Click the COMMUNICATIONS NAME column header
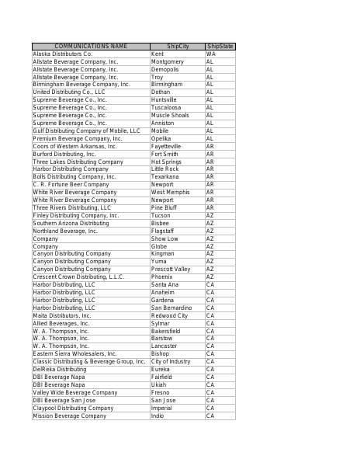coord(91,47)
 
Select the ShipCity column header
coord(178,47)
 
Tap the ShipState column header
coord(220,47)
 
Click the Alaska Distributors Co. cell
coord(63,54)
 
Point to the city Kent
coord(157,54)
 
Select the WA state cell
coord(211,54)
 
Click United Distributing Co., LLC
coord(68,92)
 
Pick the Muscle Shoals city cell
coord(170,116)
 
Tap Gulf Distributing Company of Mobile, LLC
coord(86,130)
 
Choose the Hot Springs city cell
coord(167,162)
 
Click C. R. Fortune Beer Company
coord(71,185)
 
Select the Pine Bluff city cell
coord(164,207)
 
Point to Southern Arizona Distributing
coord(71,223)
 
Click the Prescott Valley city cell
coord(171,269)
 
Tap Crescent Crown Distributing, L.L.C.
coord(78,276)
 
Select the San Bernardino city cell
coord(171,308)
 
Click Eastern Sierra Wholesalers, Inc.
coord(74,353)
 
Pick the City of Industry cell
coord(171,361)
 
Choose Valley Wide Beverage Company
coord(74,392)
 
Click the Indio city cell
coord(157,416)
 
